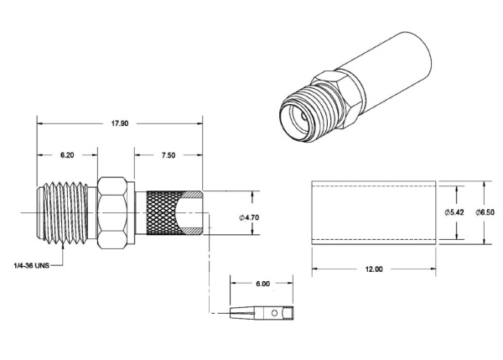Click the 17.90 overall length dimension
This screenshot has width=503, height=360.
[120, 123]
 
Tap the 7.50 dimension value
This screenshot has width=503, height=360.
[167, 155]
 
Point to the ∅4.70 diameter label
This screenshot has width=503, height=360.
[250, 217]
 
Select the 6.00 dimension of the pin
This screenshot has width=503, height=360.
[262, 284]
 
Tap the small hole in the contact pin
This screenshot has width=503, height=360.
[277, 314]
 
